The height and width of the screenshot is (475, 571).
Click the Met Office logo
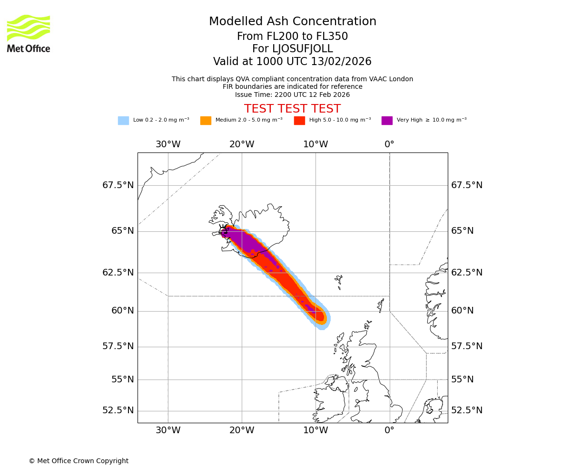[29, 33]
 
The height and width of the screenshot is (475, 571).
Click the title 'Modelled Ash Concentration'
[293, 22]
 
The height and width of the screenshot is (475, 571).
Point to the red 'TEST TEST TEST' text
[293, 109]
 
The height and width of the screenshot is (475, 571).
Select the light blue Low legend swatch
[123, 121]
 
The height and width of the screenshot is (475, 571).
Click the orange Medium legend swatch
[206, 121]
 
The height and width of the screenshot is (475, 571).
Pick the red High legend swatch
[299, 121]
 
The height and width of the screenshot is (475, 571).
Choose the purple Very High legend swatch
[387, 121]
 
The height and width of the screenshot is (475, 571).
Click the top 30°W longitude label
[168, 144]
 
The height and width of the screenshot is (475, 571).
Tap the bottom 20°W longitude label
[242, 431]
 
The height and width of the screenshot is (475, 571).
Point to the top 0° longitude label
[389, 144]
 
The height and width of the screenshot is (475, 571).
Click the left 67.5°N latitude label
[118, 185]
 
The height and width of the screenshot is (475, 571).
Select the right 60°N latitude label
[463, 311]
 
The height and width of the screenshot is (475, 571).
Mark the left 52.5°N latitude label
[118, 410]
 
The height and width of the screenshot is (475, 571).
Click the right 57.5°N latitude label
[467, 346]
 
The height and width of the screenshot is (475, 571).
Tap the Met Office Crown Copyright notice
[79, 461]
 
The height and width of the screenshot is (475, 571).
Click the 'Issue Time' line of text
[293, 95]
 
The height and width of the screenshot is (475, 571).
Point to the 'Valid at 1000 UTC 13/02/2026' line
[293, 62]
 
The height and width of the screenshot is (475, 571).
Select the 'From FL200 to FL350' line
[293, 37]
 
